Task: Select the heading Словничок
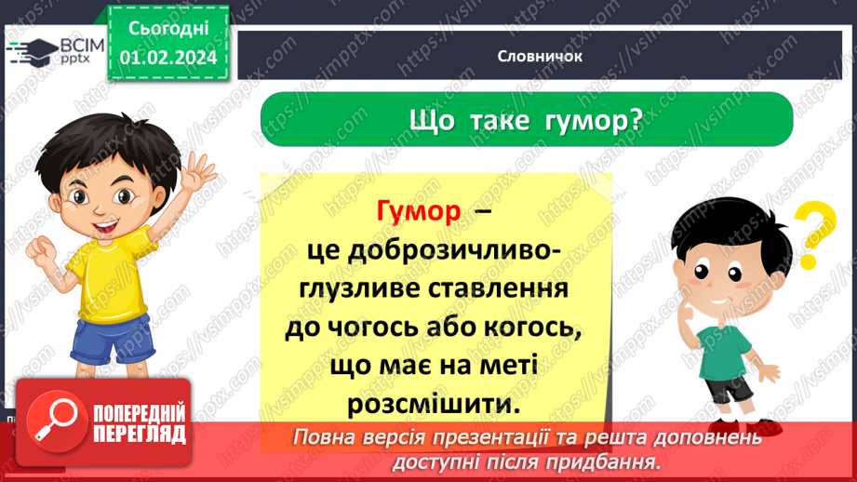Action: pos(540,56)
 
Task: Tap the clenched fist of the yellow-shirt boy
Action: pos(42,249)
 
